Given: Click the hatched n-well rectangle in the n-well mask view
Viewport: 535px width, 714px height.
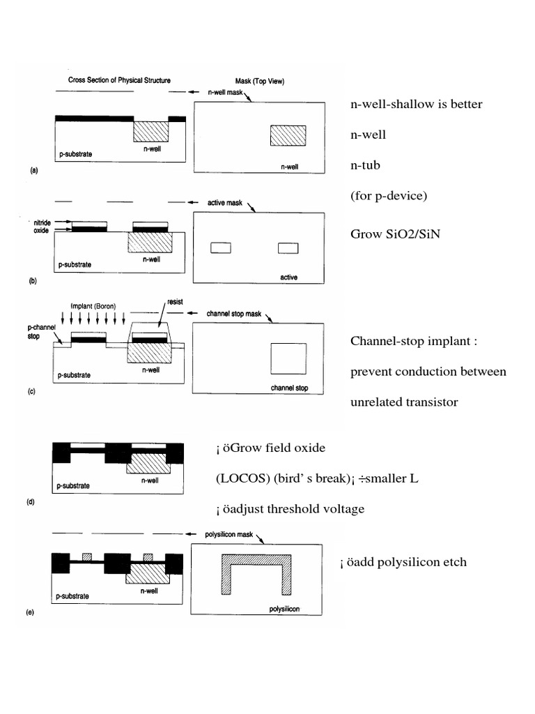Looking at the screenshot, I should (x=288, y=135).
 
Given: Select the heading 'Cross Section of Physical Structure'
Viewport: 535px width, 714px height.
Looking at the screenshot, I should (x=119, y=80).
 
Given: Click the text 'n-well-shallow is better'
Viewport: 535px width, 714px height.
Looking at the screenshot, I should (x=416, y=105).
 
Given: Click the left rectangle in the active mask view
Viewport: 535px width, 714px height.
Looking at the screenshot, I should (x=220, y=248).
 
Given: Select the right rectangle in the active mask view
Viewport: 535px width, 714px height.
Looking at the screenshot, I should (x=288, y=248).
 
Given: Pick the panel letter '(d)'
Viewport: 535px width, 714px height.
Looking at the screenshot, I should (x=31, y=501).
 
